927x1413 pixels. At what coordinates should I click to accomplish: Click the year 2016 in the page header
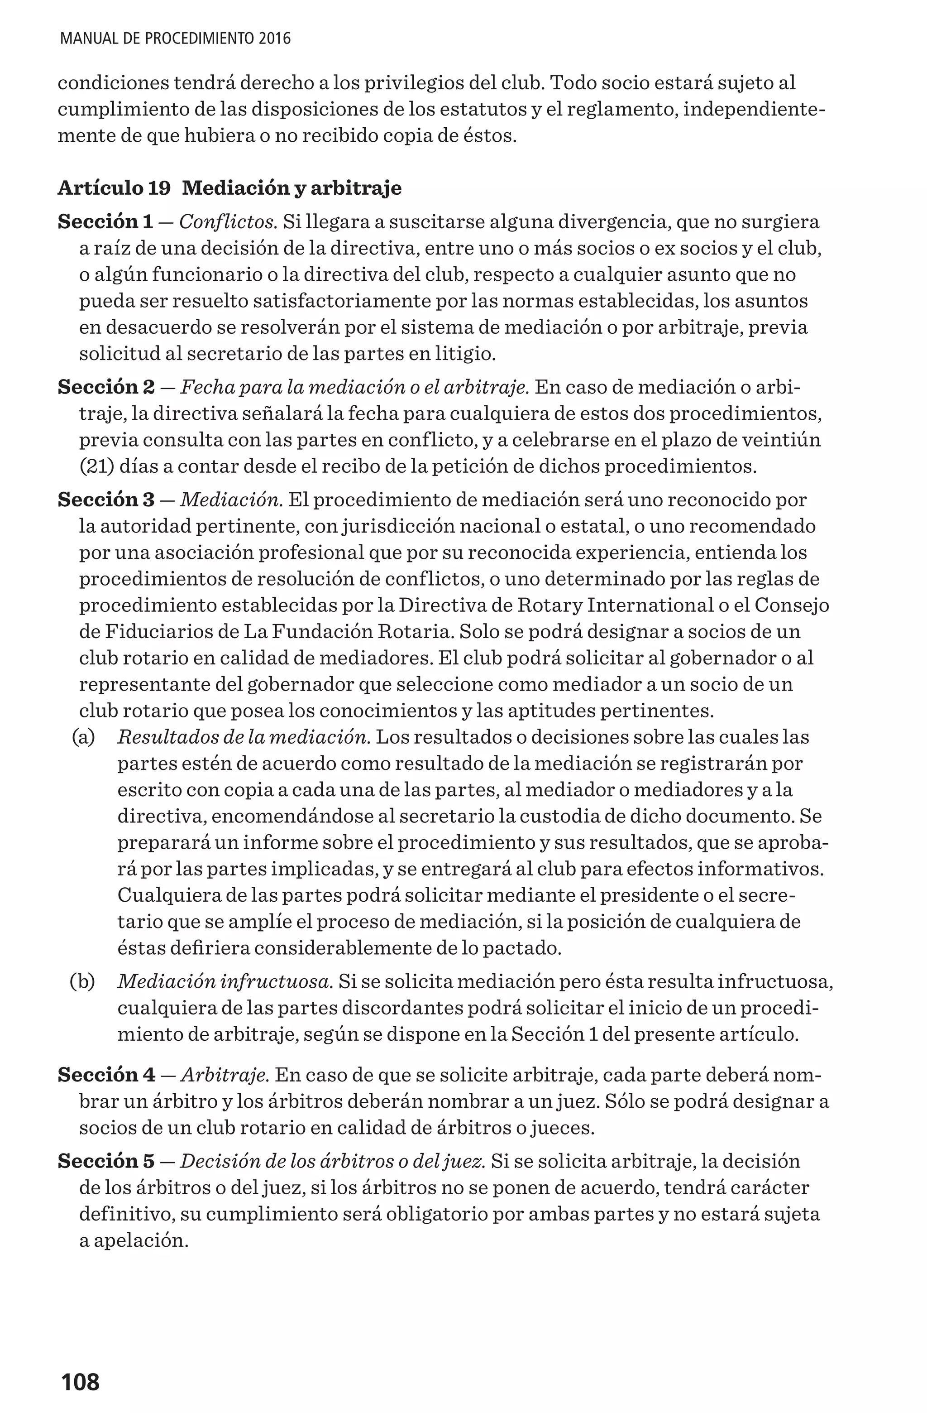pyautogui.click(x=274, y=39)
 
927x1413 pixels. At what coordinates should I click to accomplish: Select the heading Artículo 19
pyautogui.click(x=114, y=188)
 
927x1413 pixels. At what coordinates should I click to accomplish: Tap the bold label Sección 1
pyautogui.click(x=105, y=222)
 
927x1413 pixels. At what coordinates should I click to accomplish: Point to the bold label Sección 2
pyautogui.click(x=105, y=387)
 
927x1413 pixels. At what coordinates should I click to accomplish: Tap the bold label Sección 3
pyautogui.click(x=105, y=500)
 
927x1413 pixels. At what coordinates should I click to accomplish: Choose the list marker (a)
pyautogui.click(x=83, y=737)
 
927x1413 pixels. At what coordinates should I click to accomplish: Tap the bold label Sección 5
pyautogui.click(x=105, y=1161)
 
